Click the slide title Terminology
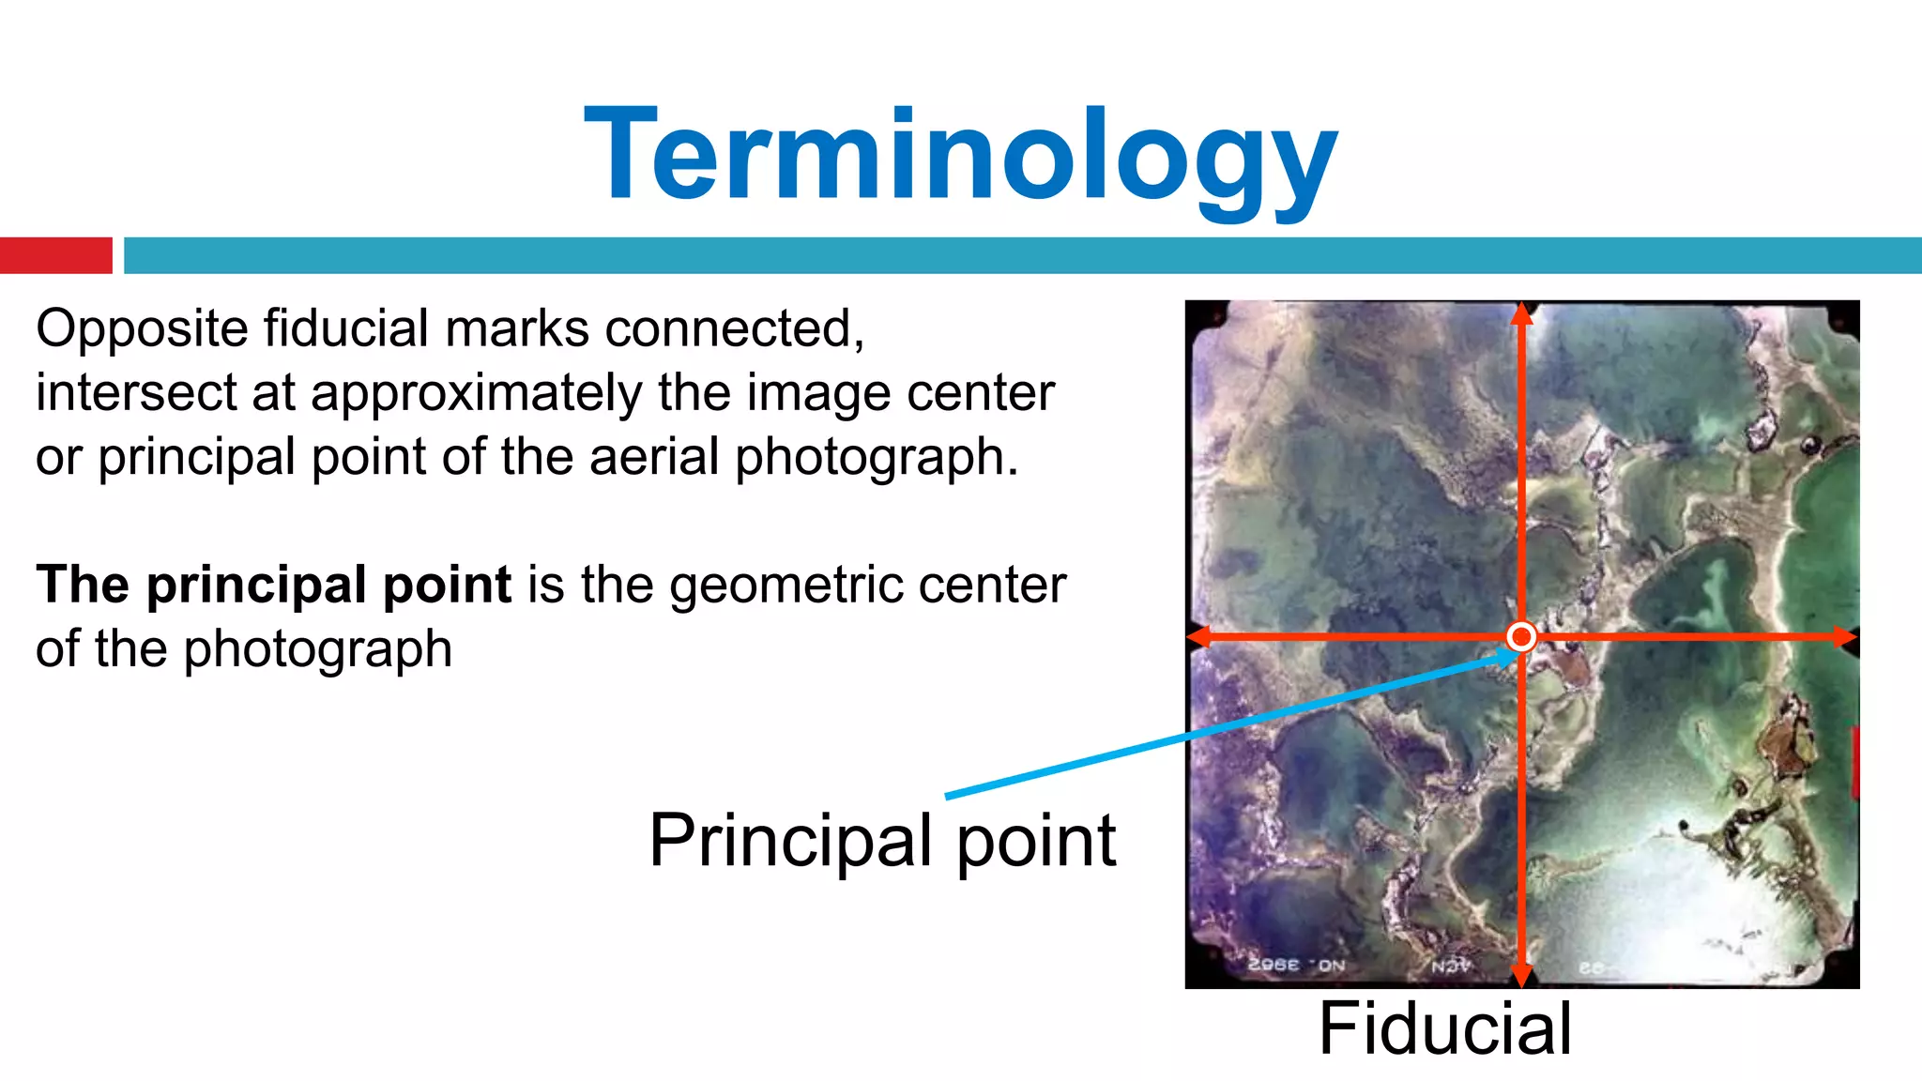[960, 155]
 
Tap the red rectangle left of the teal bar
[55, 255]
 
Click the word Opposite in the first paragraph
[142, 329]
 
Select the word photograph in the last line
[318, 649]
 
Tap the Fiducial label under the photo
[1444, 1028]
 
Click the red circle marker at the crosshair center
[1520, 637]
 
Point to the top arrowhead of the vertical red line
[1522, 314]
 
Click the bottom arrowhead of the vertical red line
[1522, 976]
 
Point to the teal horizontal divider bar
[1023, 255]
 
